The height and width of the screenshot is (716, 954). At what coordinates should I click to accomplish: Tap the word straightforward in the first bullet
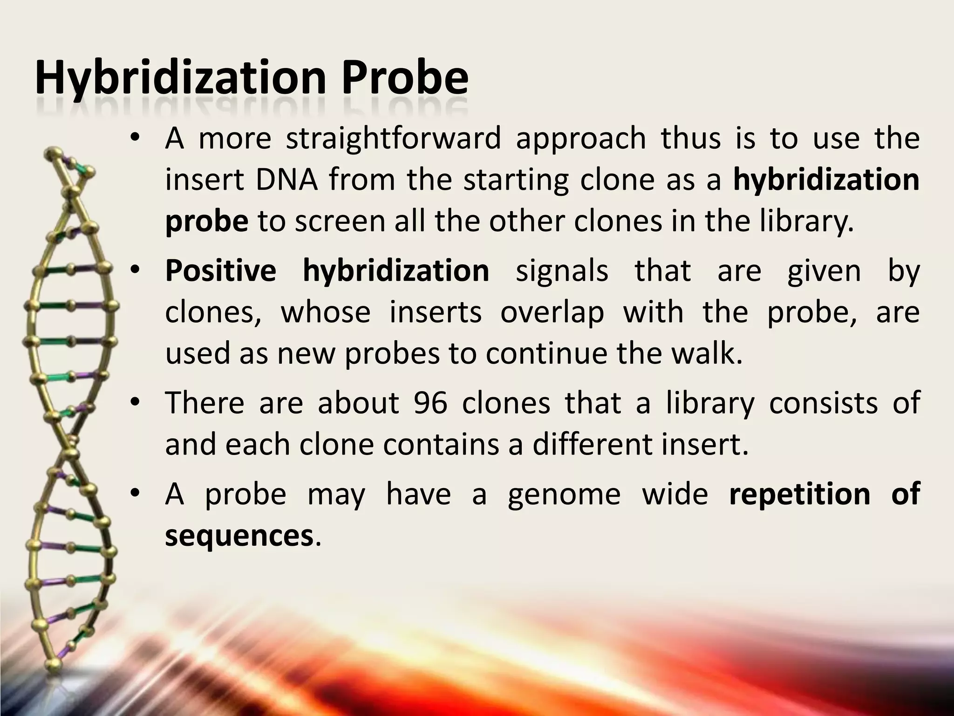[393, 138]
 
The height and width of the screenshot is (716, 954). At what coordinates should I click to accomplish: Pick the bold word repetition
[799, 494]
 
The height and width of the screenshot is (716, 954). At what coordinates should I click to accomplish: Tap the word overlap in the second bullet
[552, 312]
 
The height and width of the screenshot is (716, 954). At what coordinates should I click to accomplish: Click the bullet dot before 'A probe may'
[135, 494]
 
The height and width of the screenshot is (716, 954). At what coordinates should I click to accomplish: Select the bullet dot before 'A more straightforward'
[135, 138]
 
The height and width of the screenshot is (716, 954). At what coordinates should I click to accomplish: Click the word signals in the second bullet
[562, 271]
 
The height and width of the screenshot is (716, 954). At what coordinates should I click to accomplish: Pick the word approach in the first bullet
[581, 139]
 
